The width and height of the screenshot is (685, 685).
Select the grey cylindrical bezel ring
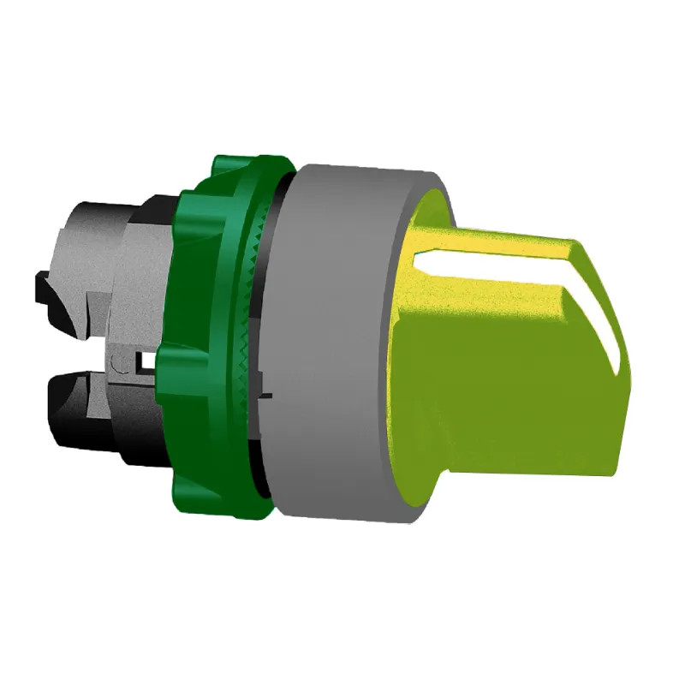[x=342, y=342]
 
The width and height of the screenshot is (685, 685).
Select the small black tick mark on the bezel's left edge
[x=266, y=395]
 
